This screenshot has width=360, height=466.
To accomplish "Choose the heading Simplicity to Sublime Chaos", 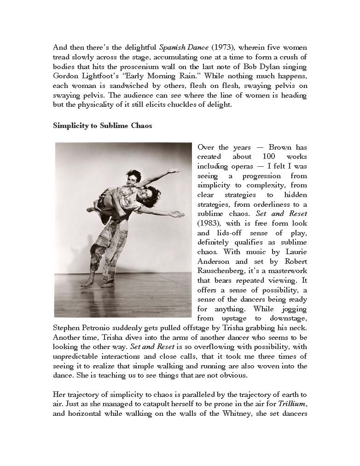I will (102, 125).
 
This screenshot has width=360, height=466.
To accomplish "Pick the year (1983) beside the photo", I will (208, 223).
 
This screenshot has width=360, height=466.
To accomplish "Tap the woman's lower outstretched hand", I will (177, 214).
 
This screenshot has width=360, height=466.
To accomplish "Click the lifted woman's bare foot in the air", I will (91, 210).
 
